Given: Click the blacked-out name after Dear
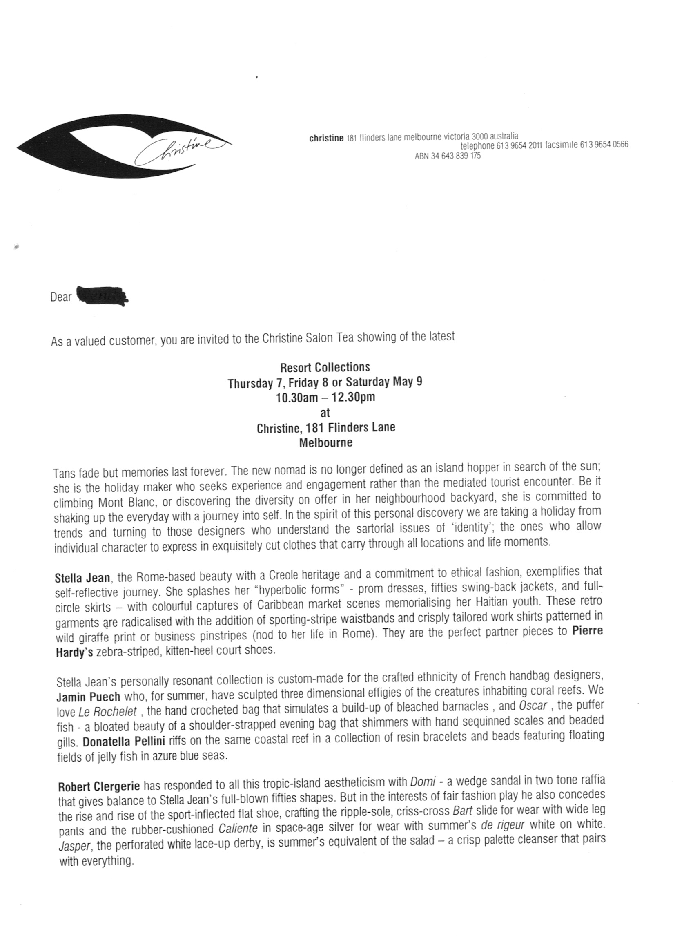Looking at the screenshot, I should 101,296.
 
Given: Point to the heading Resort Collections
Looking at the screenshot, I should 325,367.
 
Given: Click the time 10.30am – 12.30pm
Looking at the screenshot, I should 325,398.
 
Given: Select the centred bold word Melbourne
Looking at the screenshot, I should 325,443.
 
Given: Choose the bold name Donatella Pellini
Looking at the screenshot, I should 124,742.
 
